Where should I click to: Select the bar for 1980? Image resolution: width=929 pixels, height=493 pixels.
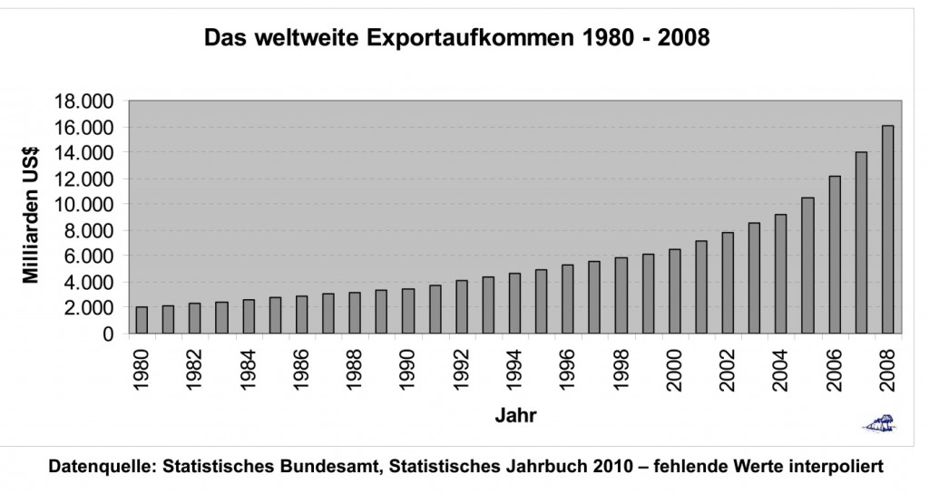(x=142, y=321)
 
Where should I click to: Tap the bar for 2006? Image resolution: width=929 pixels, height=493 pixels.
(x=835, y=256)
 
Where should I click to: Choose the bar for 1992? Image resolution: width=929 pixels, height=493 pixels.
(x=462, y=307)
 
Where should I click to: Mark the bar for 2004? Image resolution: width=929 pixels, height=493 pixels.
(x=781, y=274)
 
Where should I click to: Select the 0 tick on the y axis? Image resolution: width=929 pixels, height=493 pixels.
(x=109, y=333)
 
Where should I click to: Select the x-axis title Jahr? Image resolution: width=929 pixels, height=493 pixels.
(x=514, y=417)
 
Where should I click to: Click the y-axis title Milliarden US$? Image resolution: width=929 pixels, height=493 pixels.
(x=32, y=217)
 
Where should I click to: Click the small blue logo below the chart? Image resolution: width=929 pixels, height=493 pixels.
(x=878, y=421)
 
